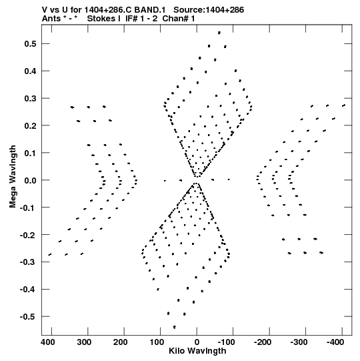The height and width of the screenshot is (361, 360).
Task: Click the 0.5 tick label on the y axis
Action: (x=31, y=43)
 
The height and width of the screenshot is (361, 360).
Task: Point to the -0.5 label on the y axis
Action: (x=28, y=316)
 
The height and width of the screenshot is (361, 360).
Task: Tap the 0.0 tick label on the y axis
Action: (x=31, y=180)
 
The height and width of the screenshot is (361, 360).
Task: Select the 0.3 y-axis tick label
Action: (x=31, y=98)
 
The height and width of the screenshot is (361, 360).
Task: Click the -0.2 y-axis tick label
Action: (x=28, y=235)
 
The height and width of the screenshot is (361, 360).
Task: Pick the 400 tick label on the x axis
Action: (x=48, y=342)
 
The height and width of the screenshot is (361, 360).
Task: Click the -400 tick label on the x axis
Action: (x=335, y=342)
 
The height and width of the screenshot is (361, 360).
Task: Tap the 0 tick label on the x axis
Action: (x=197, y=342)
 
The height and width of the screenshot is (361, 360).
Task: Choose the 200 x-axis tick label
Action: (x=121, y=342)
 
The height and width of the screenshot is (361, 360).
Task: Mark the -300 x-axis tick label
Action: (x=299, y=342)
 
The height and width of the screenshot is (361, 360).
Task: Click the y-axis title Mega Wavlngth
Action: (x=13, y=177)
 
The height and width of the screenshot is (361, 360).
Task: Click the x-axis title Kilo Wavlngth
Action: (x=197, y=351)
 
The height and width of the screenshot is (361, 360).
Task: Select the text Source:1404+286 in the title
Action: (x=209, y=10)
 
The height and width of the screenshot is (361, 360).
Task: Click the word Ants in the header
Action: (x=51, y=19)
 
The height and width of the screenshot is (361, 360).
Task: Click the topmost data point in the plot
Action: (x=219, y=33)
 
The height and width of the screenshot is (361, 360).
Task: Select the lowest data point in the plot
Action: (x=175, y=327)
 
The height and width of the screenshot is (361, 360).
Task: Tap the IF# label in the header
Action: (x=131, y=19)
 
